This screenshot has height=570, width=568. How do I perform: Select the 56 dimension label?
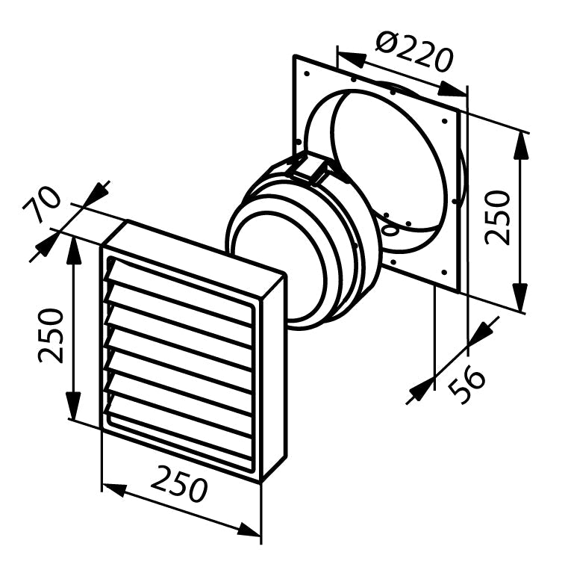click(x=466, y=383)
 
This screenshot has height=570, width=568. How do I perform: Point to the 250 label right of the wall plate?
click(x=497, y=217)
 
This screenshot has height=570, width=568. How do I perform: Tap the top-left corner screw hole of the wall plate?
click(x=307, y=74)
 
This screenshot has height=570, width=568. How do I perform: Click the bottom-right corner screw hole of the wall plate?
click(x=443, y=271)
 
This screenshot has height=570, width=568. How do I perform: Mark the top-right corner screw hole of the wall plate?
click(x=444, y=121)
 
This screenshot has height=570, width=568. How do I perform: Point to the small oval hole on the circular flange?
click(x=391, y=229)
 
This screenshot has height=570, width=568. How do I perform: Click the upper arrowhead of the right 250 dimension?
click(x=521, y=145)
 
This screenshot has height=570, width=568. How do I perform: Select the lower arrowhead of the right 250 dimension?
click(x=521, y=297)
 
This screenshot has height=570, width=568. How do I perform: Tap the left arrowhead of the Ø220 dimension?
click(x=352, y=58)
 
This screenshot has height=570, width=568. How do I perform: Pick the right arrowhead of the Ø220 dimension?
click(x=452, y=90)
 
